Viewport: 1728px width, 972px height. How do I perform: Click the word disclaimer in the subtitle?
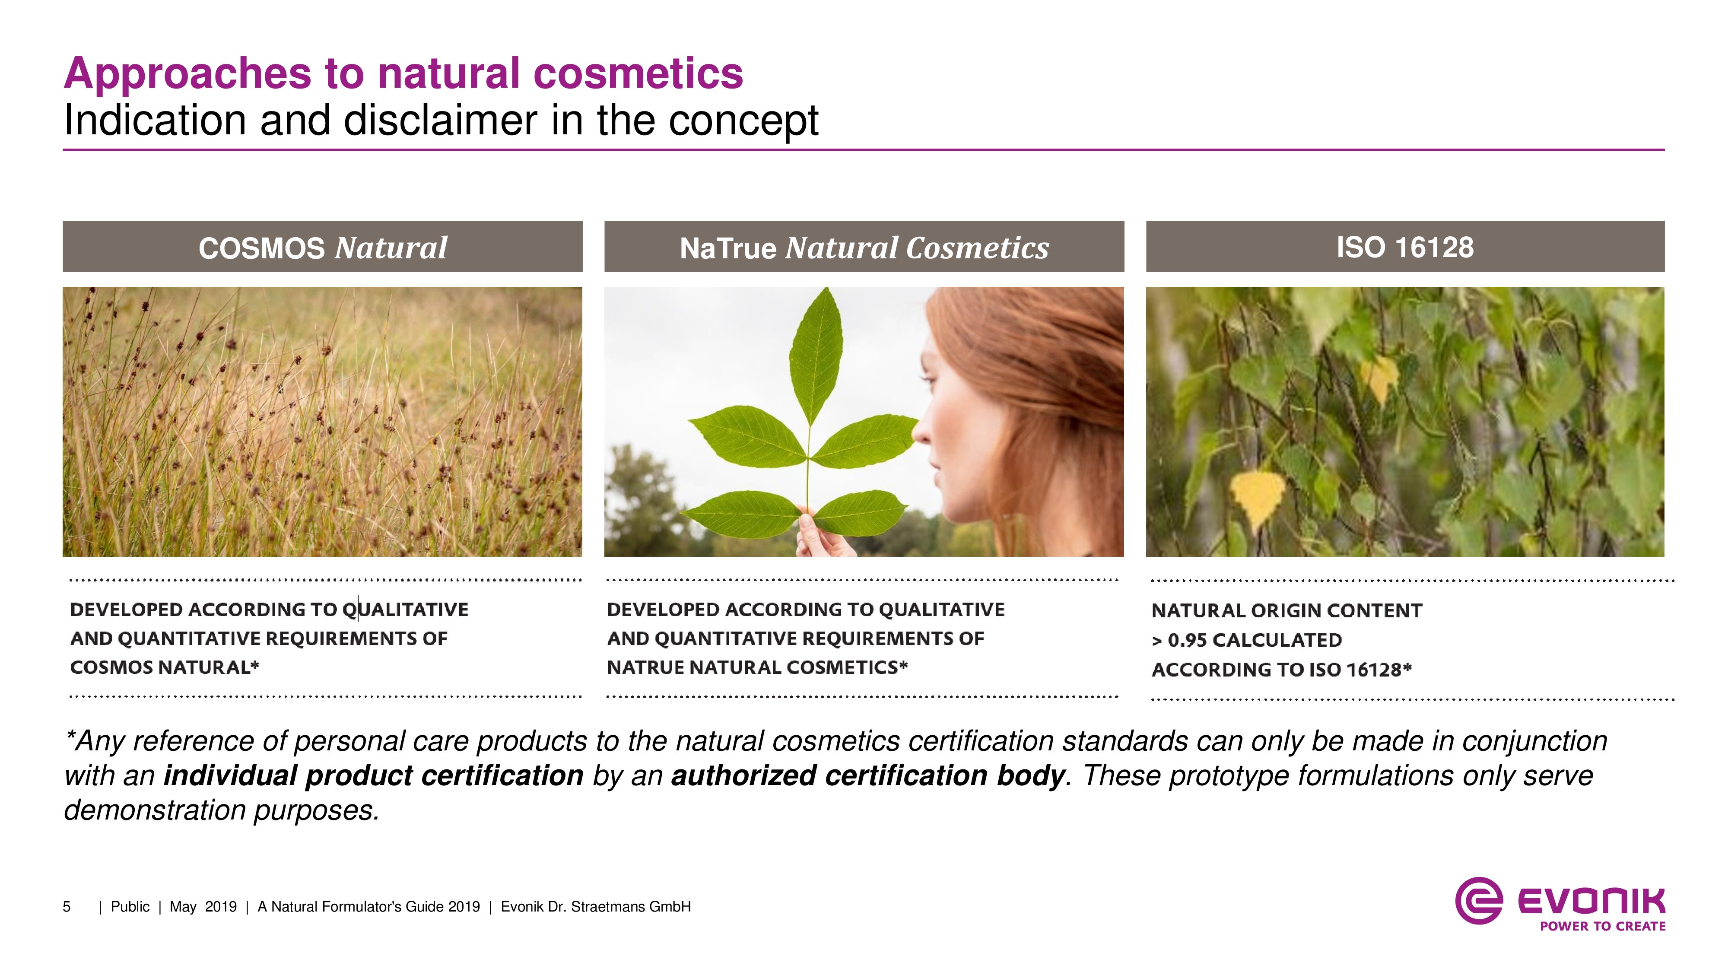[441, 121]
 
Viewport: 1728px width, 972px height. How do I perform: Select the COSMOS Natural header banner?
[323, 246]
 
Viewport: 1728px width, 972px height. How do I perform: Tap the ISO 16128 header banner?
[1405, 246]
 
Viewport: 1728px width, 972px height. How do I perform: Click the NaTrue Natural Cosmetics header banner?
[864, 246]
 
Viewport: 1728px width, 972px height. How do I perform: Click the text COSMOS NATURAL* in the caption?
[164, 667]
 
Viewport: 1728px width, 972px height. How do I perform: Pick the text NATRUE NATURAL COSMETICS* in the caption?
[757, 667]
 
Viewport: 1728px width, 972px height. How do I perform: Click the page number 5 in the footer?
[67, 907]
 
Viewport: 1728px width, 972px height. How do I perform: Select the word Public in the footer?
[130, 907]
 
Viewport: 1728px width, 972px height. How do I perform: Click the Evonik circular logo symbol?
[1478, 900]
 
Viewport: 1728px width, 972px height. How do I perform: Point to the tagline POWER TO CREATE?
[1603, 926]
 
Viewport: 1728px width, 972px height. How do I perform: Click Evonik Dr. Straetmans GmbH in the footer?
[596, 907]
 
